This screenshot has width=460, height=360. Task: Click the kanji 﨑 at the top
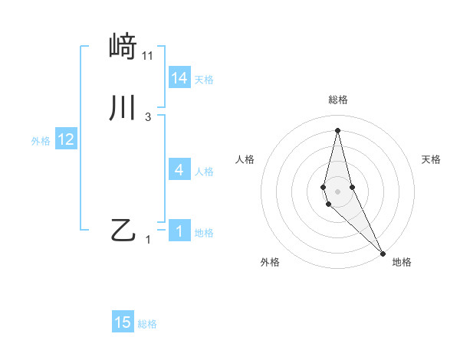click(x=123, y=47)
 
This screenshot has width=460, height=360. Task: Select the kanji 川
click(x=123, y=108)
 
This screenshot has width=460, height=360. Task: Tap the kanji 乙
click(x=123, y=231)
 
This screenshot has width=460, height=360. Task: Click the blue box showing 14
click(x=179, y=78)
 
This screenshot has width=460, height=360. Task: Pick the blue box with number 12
click(x=66, y=139)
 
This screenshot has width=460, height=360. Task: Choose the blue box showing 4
click(x=179, y=170)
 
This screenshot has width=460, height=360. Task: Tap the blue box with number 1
click(x=179, y=231)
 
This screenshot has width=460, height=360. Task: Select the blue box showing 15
click(x=123, y=323)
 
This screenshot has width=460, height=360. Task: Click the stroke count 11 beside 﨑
click(x=148, y=56)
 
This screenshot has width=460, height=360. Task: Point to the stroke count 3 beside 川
click(x=148, y=117)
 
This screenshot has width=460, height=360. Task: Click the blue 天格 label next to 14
click(x=204, y=79)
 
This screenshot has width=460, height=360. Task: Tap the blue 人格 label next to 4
click(x=204, y=171)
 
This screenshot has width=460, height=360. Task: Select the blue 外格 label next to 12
click(x=41, y=140)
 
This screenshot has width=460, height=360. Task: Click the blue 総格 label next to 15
click(x=147, y=324)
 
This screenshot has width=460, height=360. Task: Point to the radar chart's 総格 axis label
click(x=337, y=100)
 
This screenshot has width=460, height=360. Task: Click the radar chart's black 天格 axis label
click(x=432, y=159)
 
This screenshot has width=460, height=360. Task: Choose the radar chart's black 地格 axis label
click(x=402, y=262)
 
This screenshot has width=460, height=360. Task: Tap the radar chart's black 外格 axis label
click(x=270, y=262)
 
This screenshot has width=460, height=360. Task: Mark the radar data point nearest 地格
click(x=383, y=252)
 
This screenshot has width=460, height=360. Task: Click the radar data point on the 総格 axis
click(x=337, y=129)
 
